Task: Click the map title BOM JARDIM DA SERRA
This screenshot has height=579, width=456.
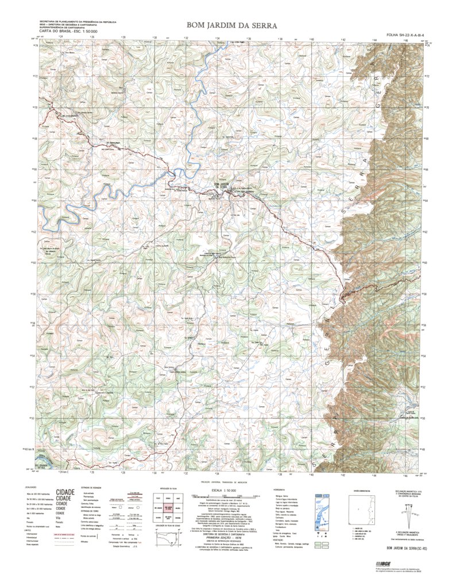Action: [231, 25]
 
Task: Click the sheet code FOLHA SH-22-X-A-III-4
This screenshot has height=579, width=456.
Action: [409, 34]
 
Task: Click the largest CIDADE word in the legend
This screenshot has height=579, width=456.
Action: [65, 492]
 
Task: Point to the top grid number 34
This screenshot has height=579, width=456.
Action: [217, 38]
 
